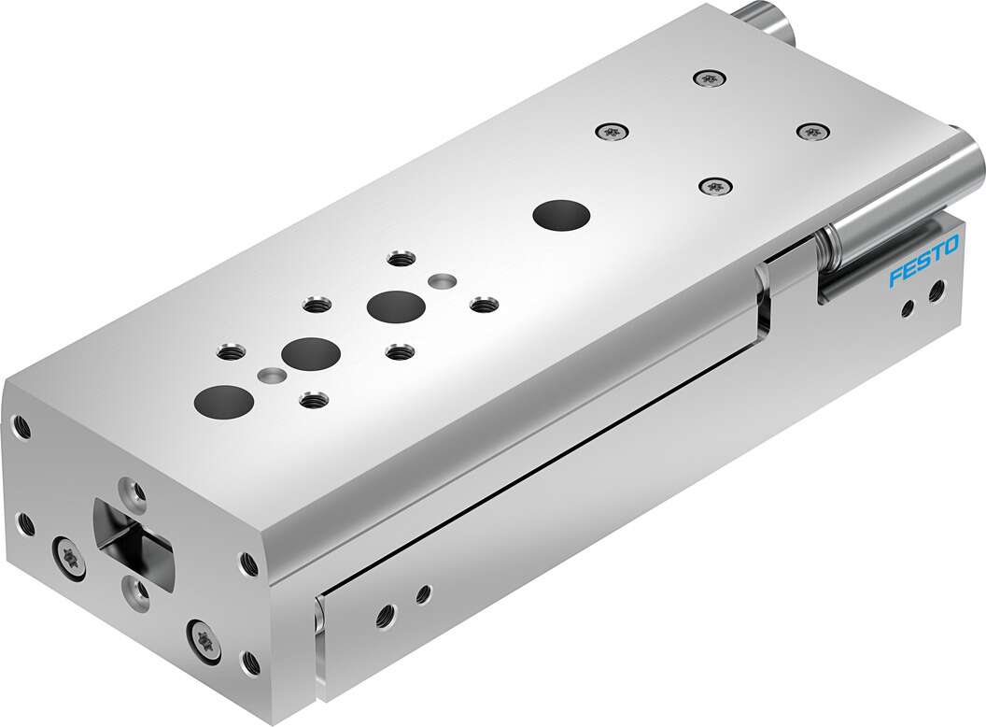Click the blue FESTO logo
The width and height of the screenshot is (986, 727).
click(923, 264)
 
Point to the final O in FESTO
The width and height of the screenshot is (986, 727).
click(951, 248)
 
